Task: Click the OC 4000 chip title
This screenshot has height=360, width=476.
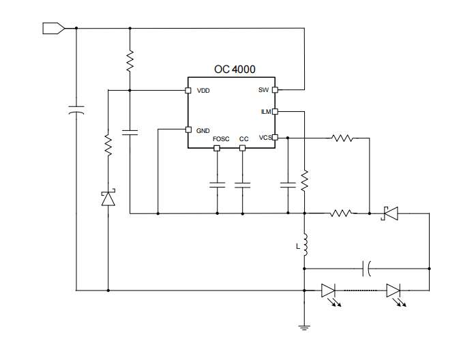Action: point(235,69)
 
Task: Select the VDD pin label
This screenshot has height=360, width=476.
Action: point(203,91)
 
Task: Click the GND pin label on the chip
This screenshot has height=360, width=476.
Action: point(203,130)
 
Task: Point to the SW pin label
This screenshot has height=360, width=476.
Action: point(263,90)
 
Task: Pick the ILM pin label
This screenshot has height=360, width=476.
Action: point(266,111)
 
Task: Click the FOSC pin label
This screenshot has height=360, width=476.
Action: point(221,139)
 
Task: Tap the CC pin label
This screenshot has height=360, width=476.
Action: point(243,139)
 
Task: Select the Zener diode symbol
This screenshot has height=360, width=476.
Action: point(108,198)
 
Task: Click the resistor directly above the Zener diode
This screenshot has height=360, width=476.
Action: point(108,145)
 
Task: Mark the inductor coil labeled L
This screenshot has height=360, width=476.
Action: point(305,246)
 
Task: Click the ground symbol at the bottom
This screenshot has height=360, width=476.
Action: point(305,328)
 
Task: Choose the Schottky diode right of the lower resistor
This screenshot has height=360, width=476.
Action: point(390,213)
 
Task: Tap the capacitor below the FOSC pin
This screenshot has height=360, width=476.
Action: point(218,184)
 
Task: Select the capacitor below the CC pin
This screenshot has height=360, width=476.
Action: point(242,184)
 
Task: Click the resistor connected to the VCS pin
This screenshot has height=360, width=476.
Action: point(342,138)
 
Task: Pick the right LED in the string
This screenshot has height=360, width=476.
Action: point(393,291)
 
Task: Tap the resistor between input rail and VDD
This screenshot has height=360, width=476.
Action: point(130,61)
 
